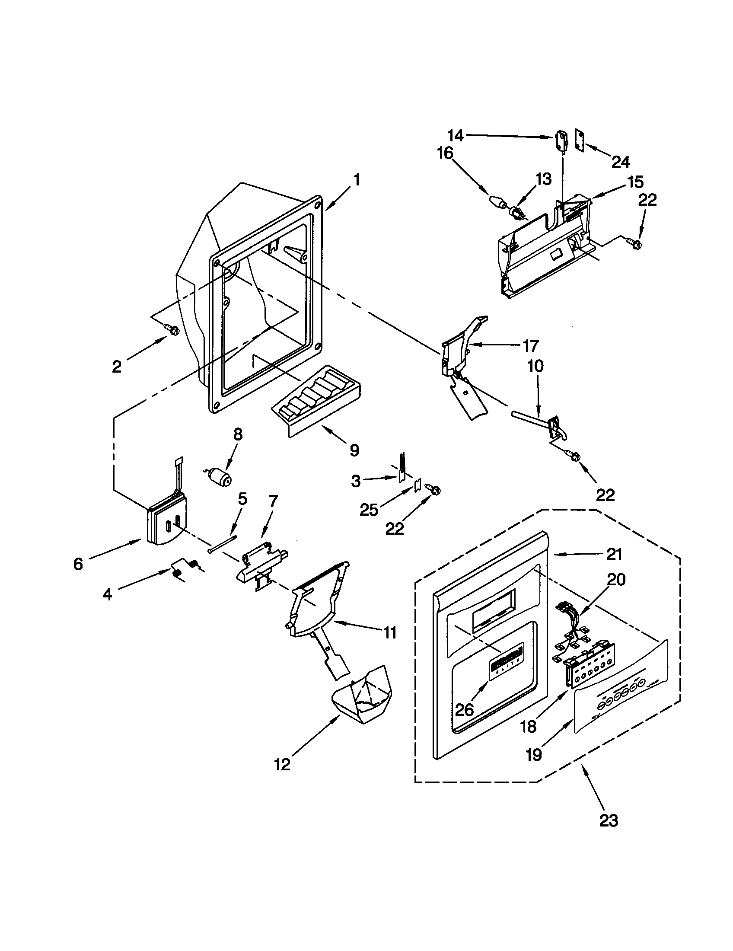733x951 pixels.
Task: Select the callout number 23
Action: click(x=608, y=820)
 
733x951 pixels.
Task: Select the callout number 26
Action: click(x=464, y=710)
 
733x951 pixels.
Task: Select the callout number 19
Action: click(x=534, y=755)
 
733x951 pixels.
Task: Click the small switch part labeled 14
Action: click(x=562, y=142)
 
